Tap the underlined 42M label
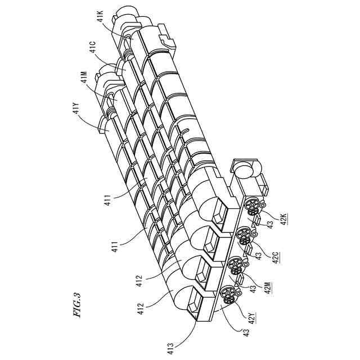point(268,287)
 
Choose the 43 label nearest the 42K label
point(271,224)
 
